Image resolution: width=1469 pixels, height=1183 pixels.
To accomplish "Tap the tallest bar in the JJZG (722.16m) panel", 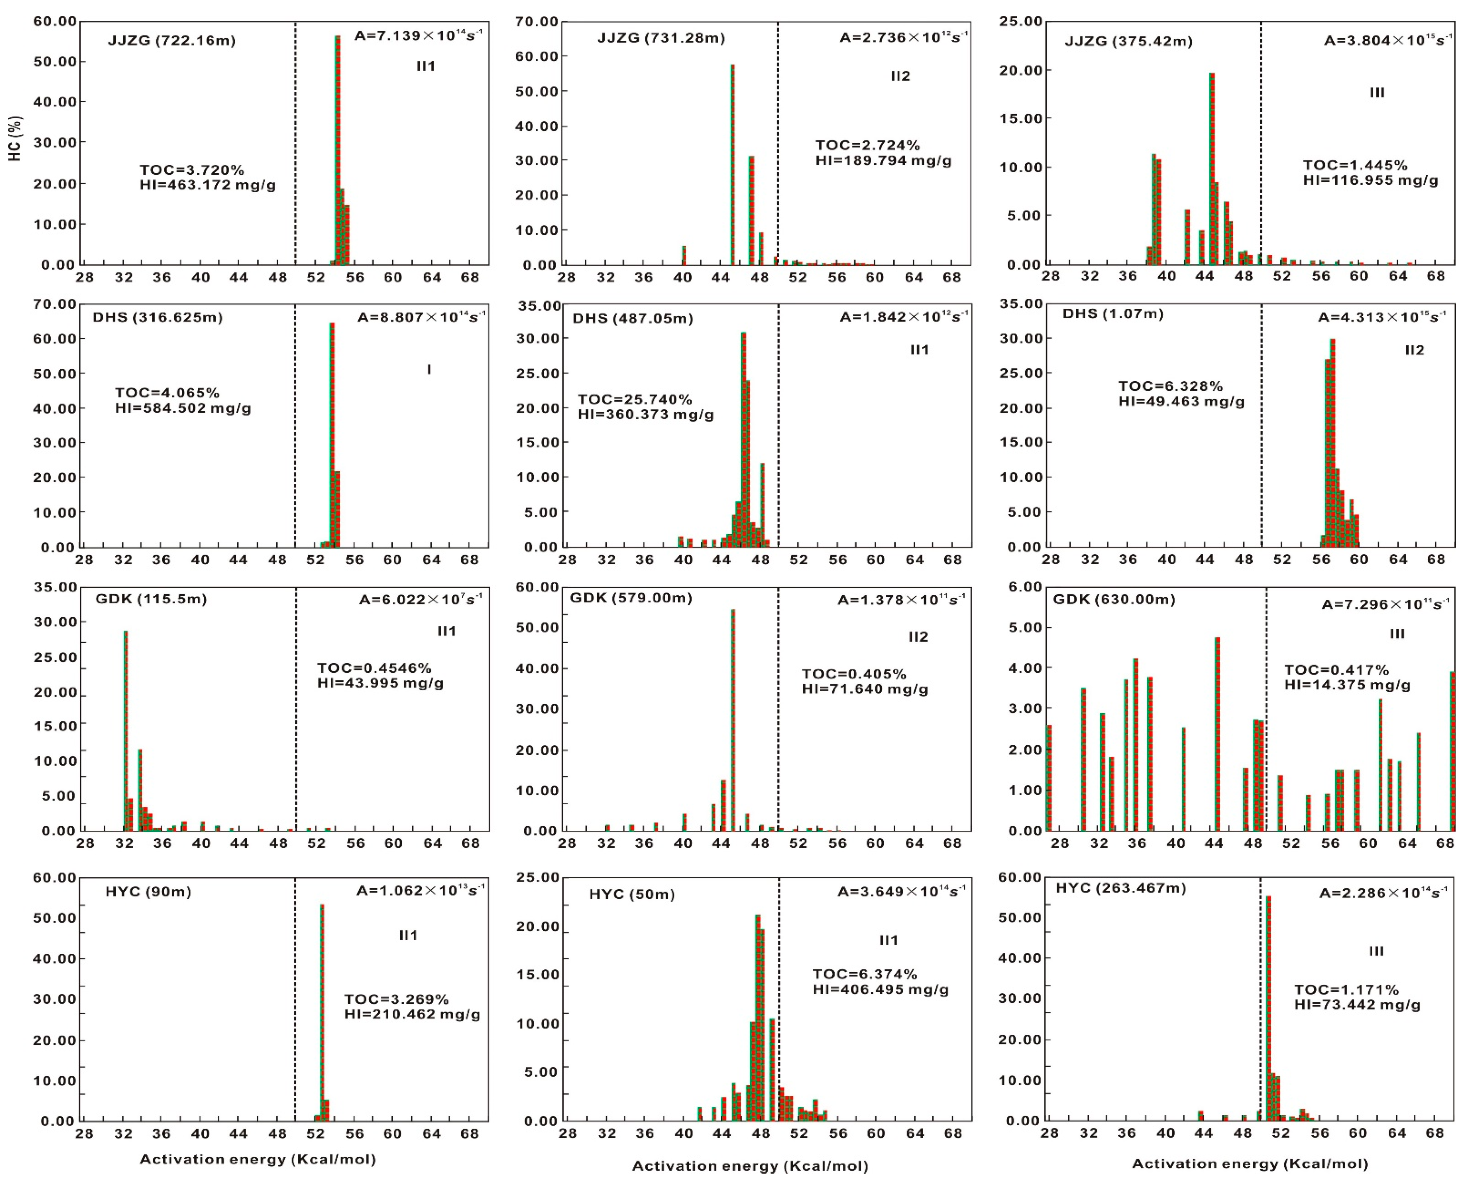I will click(337, 150).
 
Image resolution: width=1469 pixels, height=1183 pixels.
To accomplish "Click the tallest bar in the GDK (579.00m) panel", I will click(733, 719).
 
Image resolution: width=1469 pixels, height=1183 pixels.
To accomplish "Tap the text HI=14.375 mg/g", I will click(1347, 685).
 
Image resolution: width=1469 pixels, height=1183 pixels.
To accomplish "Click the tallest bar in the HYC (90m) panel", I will click(322, 1012).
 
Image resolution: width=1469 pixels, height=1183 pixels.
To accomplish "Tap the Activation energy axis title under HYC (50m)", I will click(750, 1166).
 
